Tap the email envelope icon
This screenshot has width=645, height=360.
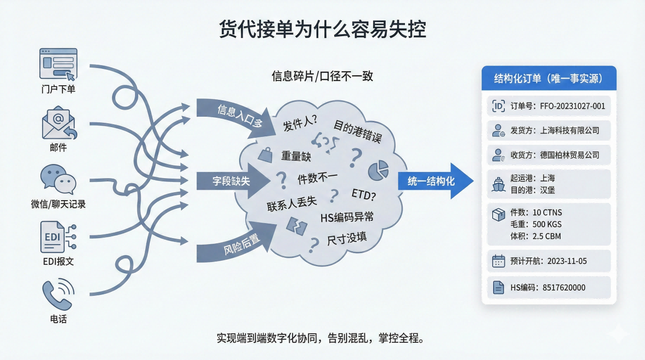point(59,123)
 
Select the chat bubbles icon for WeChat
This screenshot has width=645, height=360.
point(58,180)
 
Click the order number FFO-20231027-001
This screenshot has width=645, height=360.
point(572,106)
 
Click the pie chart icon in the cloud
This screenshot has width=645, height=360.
point(378,170)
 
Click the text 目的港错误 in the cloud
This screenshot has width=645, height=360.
point(357,131)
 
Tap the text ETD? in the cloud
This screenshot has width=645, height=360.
point(363,195)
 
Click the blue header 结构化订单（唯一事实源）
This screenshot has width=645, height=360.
point(548,79)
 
